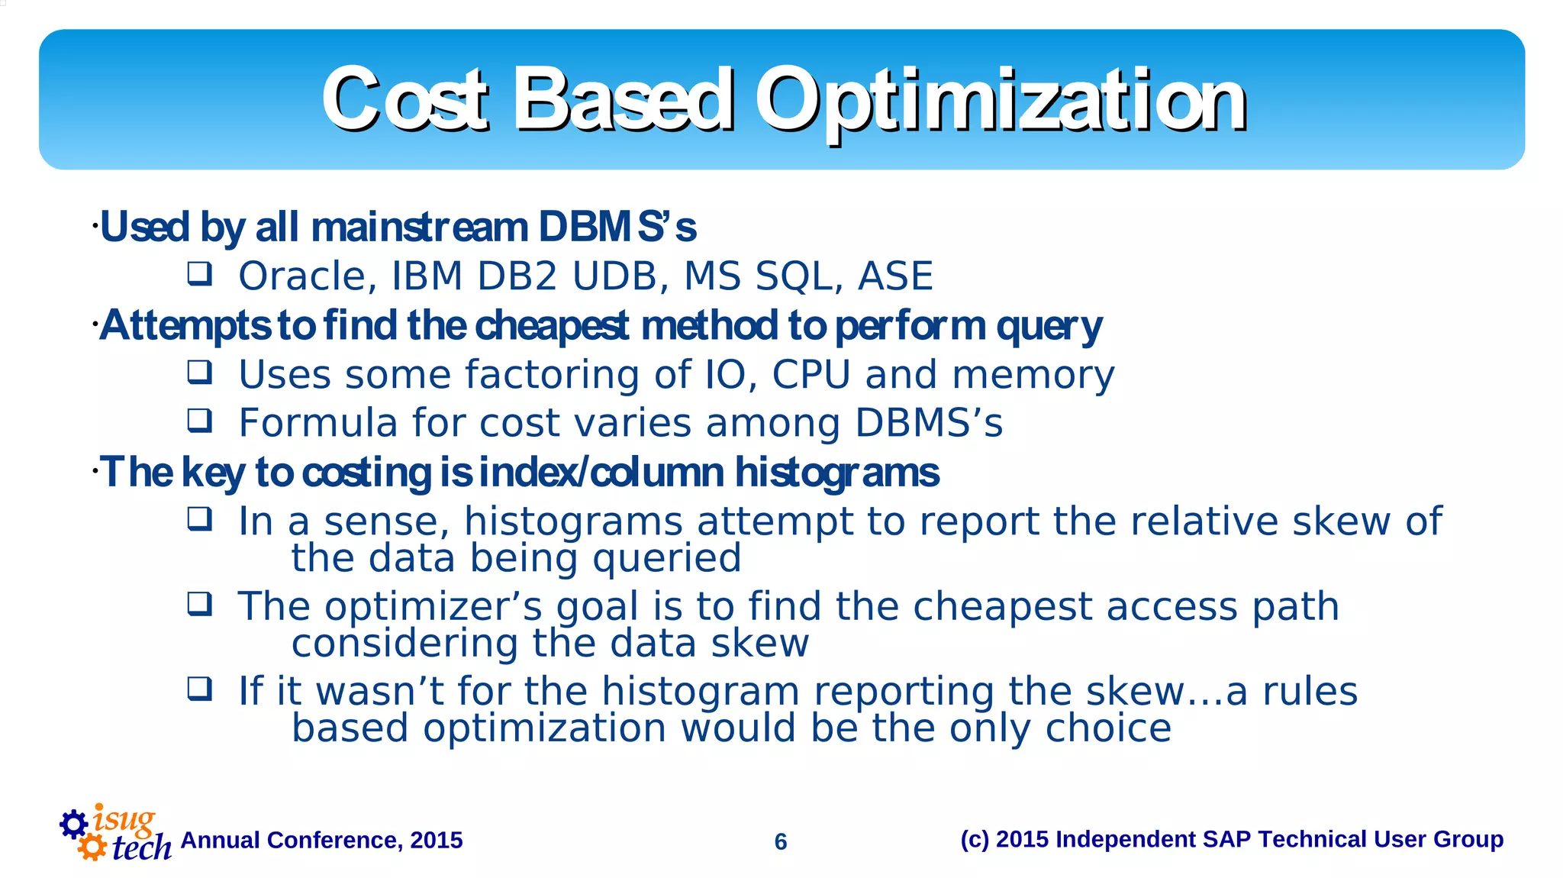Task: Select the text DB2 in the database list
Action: click(517, 276)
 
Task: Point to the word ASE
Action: click(895, 276)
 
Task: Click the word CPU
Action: click(811, 375)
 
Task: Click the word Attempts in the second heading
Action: click(185, 326)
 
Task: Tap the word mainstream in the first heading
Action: click(419, 228)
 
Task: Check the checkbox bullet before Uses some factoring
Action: click(200, 373)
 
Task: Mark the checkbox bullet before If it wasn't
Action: click(200, 689)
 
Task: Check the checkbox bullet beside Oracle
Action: click(200, 273)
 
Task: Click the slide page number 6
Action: click(780, 841)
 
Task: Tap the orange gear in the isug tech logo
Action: click(92, 847)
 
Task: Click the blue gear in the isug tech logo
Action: click(74, 824)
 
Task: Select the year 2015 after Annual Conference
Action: click(436, 840)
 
